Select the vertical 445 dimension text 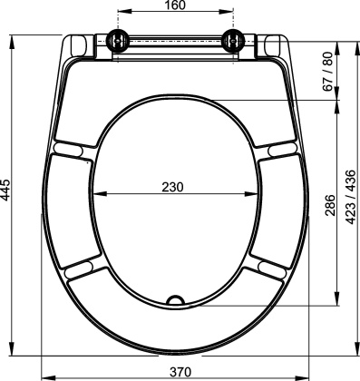click(x=6, y=192)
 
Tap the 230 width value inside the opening click(x=172, y=187)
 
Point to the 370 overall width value click(x=180, y=372)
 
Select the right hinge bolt click(x=233, y=40)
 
